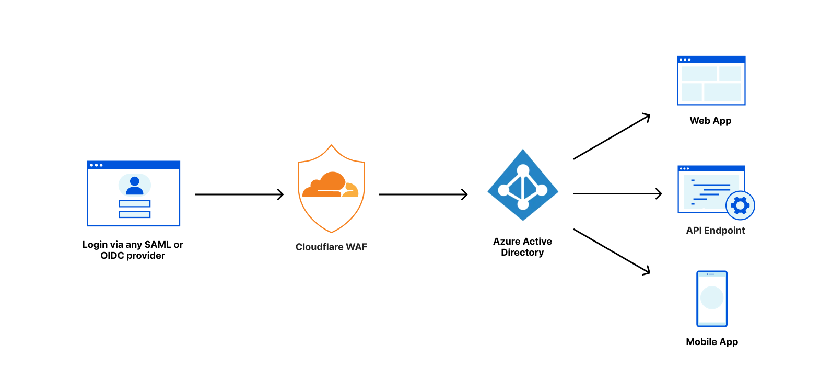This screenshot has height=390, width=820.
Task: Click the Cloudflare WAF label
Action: tap(331, 247)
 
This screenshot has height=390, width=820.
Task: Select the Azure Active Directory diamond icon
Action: tap(523, 185)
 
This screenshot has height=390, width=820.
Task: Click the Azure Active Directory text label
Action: tap(522, 247)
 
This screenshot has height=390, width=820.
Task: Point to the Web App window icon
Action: tap(711, 81)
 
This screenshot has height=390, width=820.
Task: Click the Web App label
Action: tap(710, 121)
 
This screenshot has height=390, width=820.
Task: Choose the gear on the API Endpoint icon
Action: tap(740, 205)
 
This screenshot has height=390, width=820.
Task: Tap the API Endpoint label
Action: tap(715, 231)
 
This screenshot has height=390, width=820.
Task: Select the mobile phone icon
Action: tap(711, 299)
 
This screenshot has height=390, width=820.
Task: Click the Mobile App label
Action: tap(712, 342)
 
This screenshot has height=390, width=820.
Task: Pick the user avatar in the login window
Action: tap(135, 185)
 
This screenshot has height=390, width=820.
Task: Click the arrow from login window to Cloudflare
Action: tap(239, 194)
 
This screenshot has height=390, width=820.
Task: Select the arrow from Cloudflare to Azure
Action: tap(423, 194)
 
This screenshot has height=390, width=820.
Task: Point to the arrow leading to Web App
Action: tap(612, 136)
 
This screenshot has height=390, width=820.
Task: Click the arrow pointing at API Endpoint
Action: tap(617, 194)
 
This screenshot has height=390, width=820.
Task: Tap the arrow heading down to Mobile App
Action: tap(612, 251)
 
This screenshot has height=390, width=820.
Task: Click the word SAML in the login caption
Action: tap(158, 245)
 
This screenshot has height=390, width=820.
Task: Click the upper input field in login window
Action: tap(135, 204)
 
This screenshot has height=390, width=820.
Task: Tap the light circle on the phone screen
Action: tap(711, 298)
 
